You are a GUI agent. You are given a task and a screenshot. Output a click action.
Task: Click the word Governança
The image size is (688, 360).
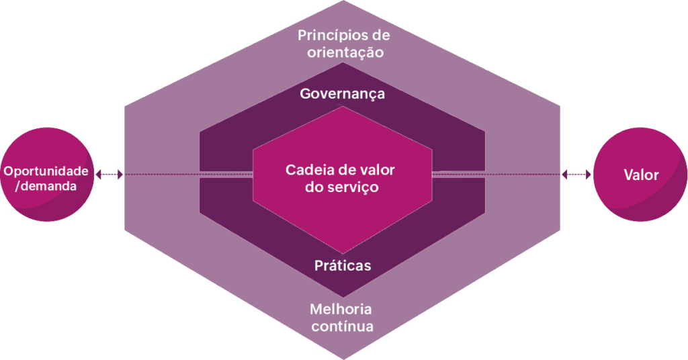point(342,94)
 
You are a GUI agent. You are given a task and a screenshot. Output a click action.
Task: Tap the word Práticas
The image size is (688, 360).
point(343,266)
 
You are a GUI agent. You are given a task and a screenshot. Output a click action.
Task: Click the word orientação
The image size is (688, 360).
point(345,52)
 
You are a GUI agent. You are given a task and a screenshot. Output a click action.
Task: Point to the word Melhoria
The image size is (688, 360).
point(341,309)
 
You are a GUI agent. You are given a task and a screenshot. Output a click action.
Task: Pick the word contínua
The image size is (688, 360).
point(342,326)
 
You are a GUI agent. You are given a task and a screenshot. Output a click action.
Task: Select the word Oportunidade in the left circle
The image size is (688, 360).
point(46,171)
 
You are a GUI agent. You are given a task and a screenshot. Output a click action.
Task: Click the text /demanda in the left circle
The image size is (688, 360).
point(46,186)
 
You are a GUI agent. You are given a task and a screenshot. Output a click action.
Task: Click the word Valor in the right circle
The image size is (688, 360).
point(641,175)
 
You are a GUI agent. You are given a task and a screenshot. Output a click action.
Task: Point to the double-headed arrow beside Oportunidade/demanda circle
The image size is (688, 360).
point(110,175)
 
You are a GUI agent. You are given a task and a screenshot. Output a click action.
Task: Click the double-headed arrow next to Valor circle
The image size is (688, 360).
point(576,175)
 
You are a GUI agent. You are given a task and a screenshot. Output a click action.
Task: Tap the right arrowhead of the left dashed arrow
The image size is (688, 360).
point(120,175)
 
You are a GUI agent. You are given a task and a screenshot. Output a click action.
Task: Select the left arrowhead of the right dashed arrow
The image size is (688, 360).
point(564,175)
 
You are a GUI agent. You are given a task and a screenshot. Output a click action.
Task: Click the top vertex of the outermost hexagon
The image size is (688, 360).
point(343,1)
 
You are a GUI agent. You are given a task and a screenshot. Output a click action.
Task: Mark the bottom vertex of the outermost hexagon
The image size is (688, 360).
point(343,359)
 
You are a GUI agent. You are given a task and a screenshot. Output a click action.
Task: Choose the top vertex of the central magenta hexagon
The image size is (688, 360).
point(343,107)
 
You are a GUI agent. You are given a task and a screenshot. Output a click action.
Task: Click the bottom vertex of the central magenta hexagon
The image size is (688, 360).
point(343,253)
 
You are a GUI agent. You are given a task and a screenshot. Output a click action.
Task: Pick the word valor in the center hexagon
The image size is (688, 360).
point(378,170)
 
